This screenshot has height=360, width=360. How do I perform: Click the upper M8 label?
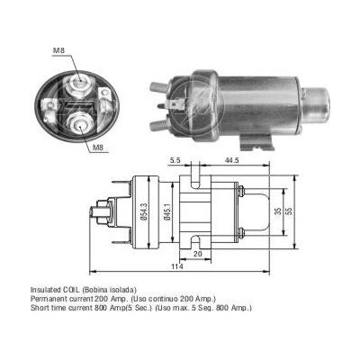(58, 50)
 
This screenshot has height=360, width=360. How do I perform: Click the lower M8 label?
(99, 148)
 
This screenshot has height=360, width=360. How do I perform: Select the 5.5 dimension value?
(175, 160)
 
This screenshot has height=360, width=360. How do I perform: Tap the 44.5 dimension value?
(231, 160)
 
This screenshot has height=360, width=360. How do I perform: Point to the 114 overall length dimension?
(177, 266)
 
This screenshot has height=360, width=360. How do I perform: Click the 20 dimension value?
(198, 254)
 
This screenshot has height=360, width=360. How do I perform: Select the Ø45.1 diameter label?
(167, 212)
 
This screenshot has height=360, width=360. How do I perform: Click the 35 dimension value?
(278, 211)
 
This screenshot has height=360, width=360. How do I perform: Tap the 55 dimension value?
(289, 211)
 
